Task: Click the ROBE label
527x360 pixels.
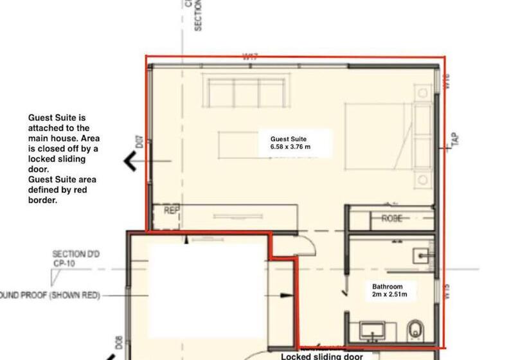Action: [392, 219]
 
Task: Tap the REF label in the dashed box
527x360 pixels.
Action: [171, 210]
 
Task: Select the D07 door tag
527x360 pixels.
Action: [138, 141]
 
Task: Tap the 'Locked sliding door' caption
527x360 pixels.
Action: [321, 355]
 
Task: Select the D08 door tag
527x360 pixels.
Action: [119, 341]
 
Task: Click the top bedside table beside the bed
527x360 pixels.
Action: [423, 94]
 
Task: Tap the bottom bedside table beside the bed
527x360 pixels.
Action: [423, 178]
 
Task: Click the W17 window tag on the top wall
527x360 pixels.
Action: [250, 57]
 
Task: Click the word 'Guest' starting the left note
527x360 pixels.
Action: [40, 118]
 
